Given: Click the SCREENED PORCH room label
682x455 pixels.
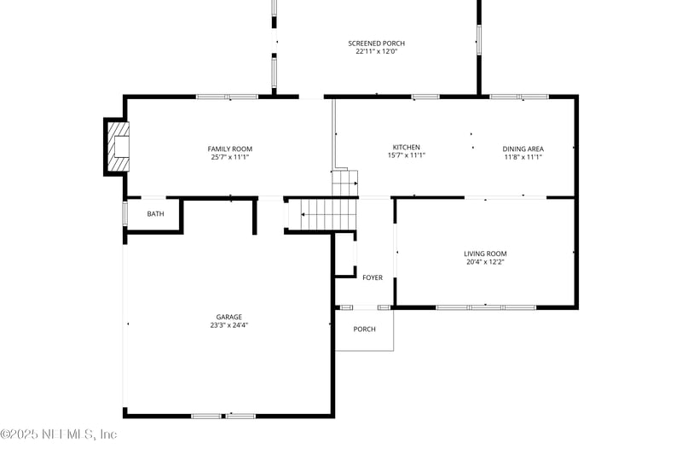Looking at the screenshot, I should coord(376,44).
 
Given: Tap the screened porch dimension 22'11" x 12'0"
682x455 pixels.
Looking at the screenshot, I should coord(376,52).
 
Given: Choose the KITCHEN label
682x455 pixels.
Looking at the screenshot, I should coord(406,147).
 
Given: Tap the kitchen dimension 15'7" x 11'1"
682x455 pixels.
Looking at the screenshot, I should coord(406,155).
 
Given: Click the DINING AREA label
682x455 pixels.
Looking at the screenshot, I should coord(523,149).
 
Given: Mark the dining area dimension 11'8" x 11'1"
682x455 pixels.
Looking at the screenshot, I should coord(523,157).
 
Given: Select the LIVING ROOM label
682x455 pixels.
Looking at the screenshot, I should coord(485,254).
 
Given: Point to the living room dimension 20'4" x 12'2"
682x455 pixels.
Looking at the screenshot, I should coord(485,262).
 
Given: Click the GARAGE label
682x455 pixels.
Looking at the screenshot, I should coord(228,317).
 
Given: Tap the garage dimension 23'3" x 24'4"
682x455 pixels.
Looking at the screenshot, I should coord(228,325).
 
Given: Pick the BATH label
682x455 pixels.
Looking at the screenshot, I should coord(155,214).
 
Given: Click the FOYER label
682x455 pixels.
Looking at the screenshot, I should coord(373,277).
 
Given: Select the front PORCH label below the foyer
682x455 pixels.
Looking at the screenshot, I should coord(364,329).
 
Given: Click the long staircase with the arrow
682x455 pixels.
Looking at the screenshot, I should coord(319,213).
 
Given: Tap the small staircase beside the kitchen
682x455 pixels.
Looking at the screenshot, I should coord(344,183).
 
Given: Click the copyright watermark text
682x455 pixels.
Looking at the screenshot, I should coord(59,435).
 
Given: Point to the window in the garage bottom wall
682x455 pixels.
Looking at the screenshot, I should coord(223,416).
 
